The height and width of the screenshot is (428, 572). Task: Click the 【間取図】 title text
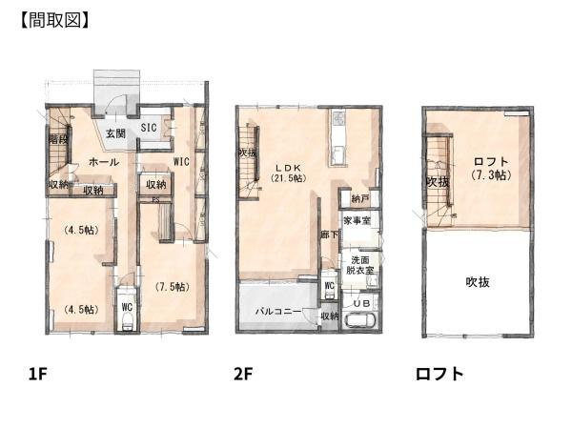tap(54, 19)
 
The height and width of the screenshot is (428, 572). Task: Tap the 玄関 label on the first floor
tap(116, 132)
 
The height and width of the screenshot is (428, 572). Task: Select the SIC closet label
tap(151, 126)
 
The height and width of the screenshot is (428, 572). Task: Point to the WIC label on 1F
tap(182, 161)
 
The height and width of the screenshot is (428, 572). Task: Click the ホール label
tap(103, 162)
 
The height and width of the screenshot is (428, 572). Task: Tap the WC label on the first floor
tap(126, 307)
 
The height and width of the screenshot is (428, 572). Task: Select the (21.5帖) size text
tap(287, 178)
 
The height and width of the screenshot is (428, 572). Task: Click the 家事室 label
tap(357, 221)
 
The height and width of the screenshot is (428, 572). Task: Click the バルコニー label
tap(278, 312)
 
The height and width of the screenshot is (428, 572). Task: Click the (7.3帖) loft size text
tap(489, 176)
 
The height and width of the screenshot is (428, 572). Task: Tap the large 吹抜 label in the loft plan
tap(478, 282)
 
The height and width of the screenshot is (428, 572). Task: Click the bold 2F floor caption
tap(243, 374)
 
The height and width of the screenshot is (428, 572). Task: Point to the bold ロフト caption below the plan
tap(439, 374)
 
